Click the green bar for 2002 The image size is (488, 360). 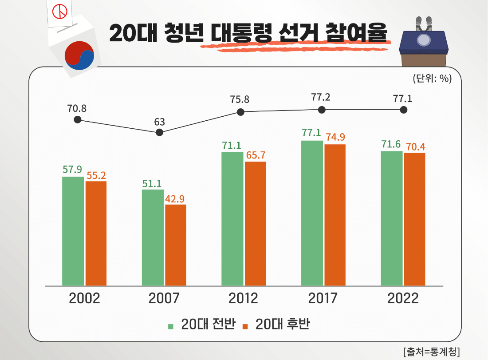tap(73, 231)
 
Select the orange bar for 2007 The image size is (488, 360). tap(176, 245)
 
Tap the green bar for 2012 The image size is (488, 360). tap(232, 218)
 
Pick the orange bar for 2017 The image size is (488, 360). tap(335, 215)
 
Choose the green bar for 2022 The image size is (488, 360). tap(392, 218)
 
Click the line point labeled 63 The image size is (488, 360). tap(160, 133)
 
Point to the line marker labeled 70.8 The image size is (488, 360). tap(78, 120)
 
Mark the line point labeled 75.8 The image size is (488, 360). tap(240, 112)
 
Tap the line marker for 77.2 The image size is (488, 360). tap(322, 110)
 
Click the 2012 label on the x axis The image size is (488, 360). tap(243, 298)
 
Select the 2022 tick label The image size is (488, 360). tap(403, 298)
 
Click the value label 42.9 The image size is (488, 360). tap(175, 198)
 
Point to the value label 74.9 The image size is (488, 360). tap(335, 137)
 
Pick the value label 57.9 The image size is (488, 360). tap(72, 170)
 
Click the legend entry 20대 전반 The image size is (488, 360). tap(202, 324)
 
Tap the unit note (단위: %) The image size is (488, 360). tap(431, 79)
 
